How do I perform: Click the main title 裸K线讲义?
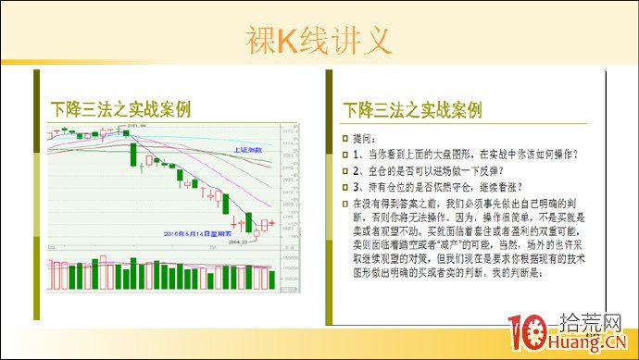tap(319, 39)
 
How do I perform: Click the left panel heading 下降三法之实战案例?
tap(120, 109)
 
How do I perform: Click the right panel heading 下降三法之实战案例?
tap(412, 109)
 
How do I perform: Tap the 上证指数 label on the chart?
tap(248, 149)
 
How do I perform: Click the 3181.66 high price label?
tap(138, 126)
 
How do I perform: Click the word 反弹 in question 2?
tap(490, 169)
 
